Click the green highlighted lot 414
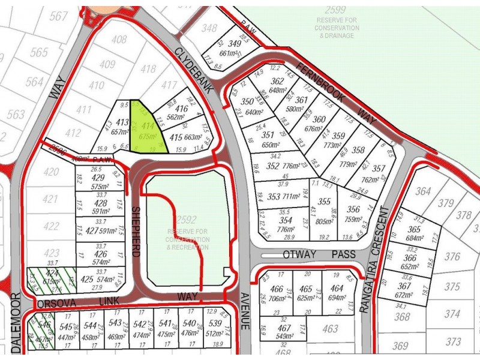(146, 129)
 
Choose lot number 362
(277, 82)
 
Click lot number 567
(59, 16)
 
